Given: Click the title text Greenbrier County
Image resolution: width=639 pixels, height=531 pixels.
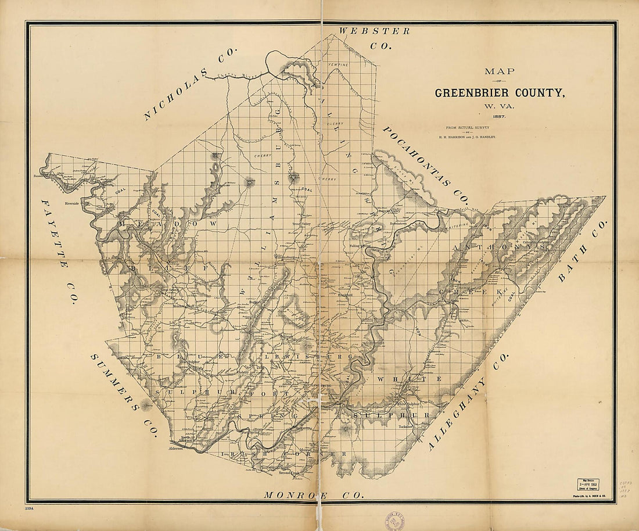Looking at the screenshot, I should (x=500, y=92).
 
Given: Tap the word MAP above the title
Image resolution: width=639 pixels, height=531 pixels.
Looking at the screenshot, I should (x=500, y=71).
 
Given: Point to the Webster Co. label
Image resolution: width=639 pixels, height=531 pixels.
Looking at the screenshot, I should (x=375, y=37).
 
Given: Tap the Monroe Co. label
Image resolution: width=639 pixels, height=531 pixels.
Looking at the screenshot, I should (x=314, y=495).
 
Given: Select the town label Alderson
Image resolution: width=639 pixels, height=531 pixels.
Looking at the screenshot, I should (x=175, y=449).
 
